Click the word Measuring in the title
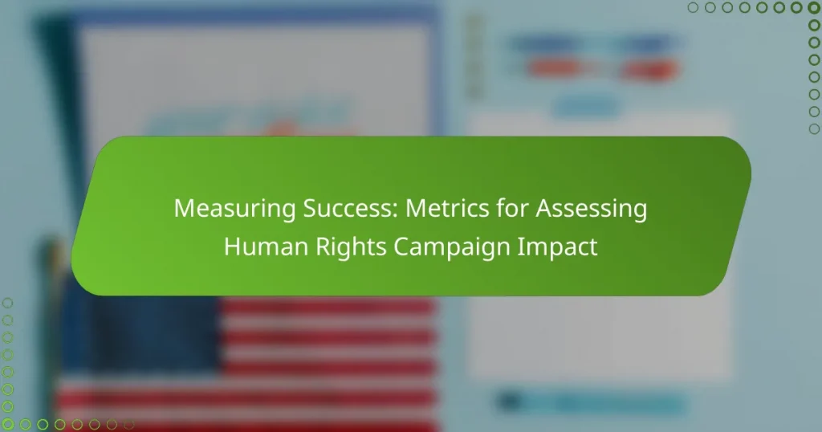[x=234, y=210]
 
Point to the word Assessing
[x=592, y=210]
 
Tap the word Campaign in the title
[x=452, y=247]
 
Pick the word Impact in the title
[x=557, y=247]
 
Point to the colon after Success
[x=396, y=211]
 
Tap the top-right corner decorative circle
[x=814, y=7]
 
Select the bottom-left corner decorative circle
[x=7, y=424]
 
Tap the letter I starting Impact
[x=519, y=247]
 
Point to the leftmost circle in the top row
[x=693, y=7]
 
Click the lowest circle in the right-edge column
[x=814, y=128]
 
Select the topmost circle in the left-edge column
[x=7, y=303]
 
